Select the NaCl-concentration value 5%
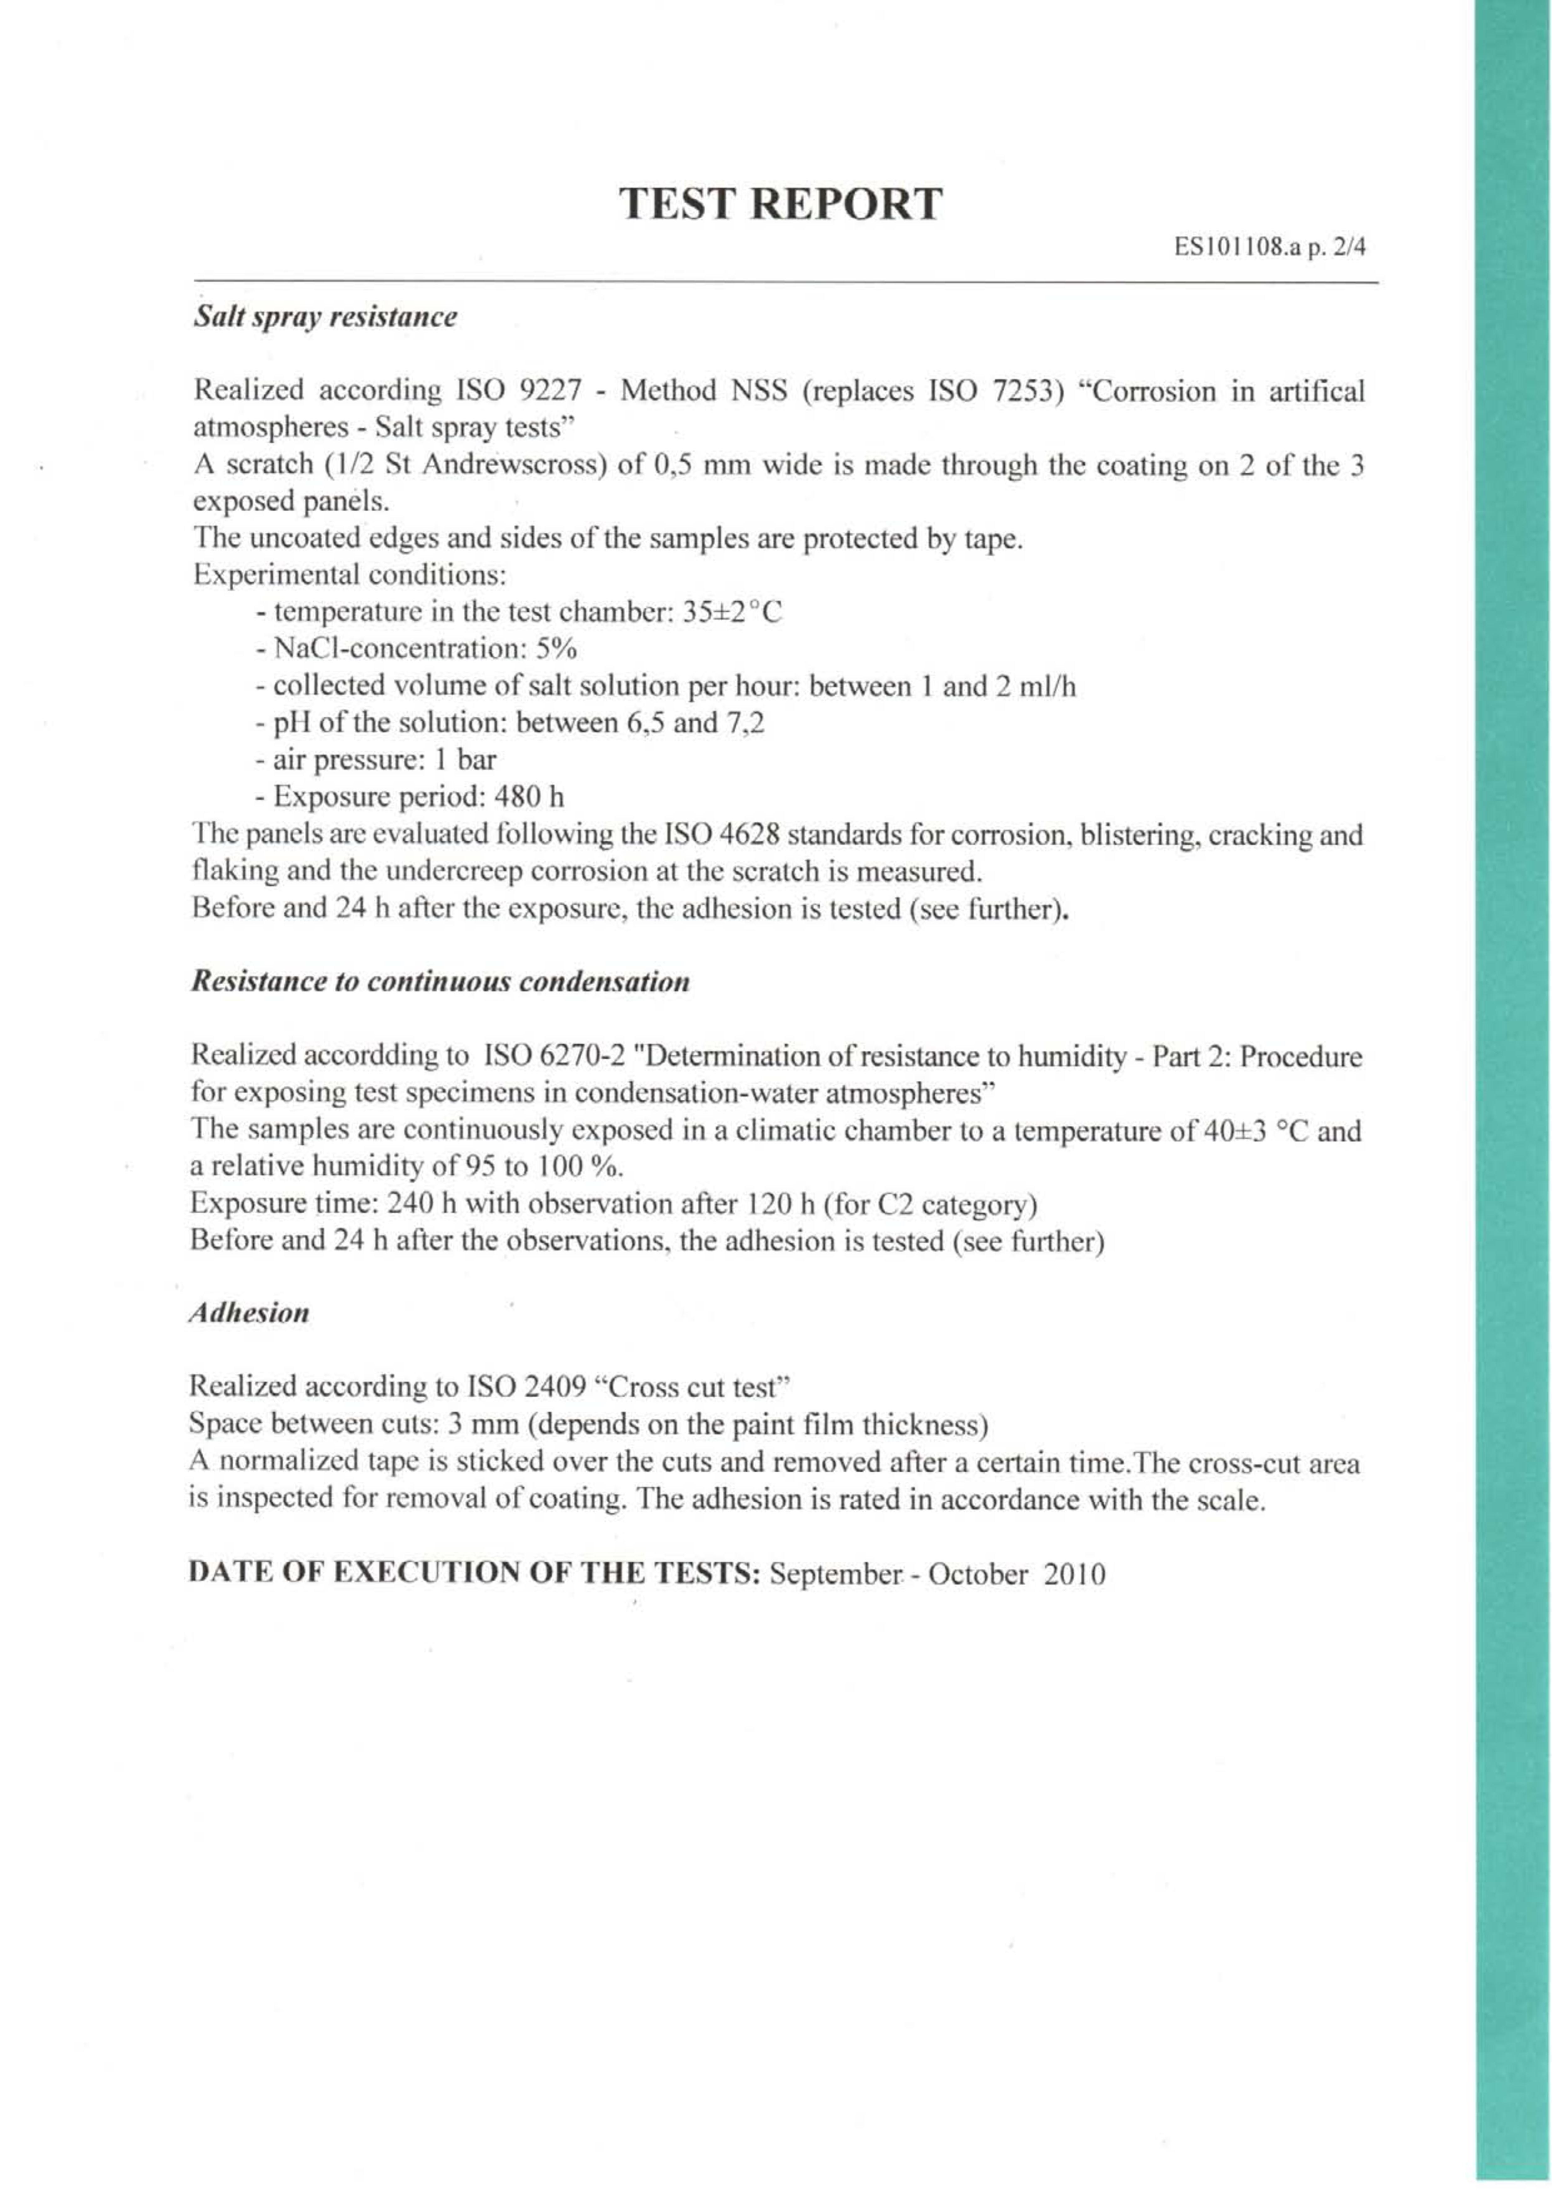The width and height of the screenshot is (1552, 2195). [x=557, y=649]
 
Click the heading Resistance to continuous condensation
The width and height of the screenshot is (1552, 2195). [x=440, y=982]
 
